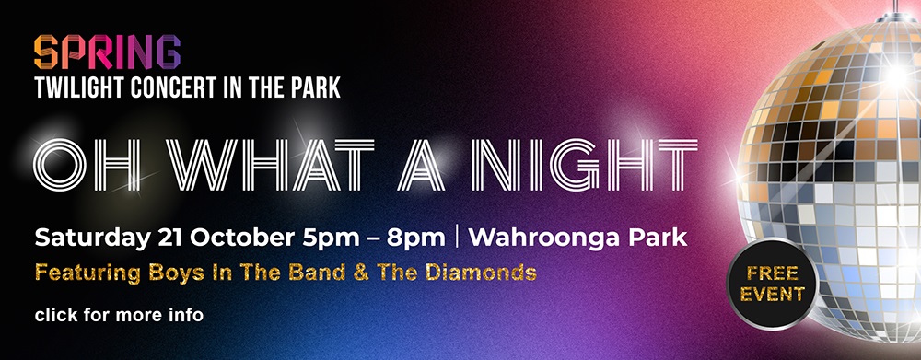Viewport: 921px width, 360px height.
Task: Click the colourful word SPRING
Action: tap(106, 52)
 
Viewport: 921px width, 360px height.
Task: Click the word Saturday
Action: tap(90, 238)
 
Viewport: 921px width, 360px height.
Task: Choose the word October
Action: tap(244, 237)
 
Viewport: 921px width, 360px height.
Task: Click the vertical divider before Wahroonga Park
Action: tap(457, 237)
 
